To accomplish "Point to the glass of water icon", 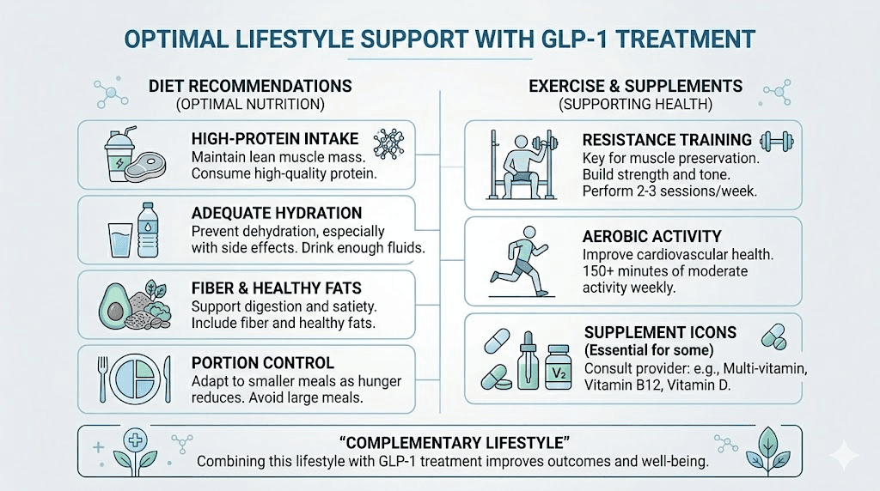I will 119,238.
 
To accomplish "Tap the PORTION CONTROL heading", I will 262,363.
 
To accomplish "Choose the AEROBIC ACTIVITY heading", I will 651,236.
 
